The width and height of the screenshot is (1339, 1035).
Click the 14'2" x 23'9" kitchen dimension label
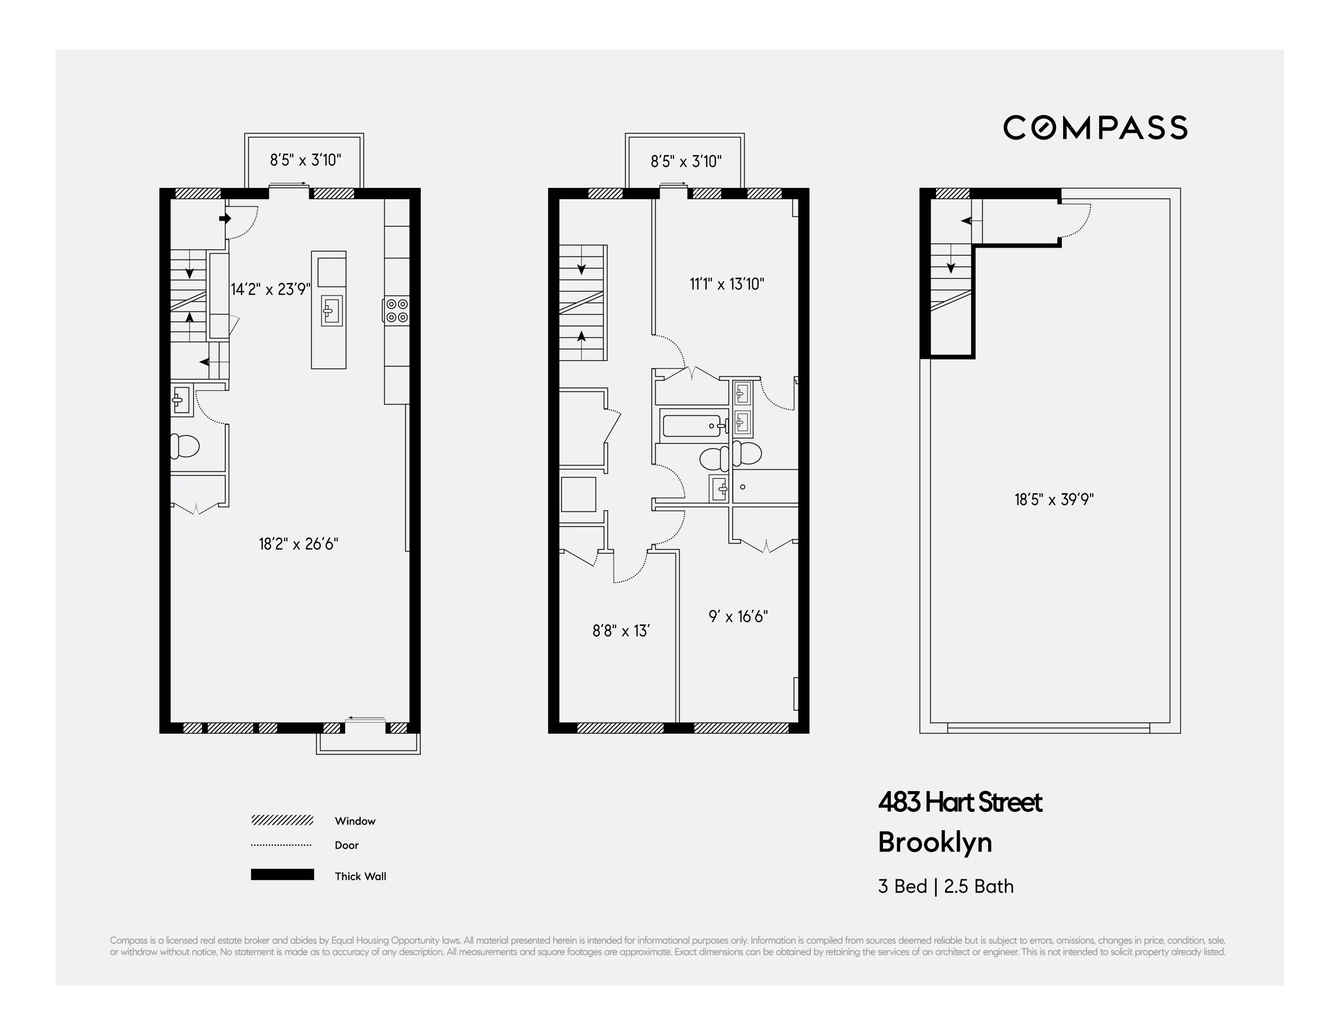[x=270, y=289]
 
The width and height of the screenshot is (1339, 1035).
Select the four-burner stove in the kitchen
[x=397, y=310]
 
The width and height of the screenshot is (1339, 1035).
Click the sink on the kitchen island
[x=331, y=310]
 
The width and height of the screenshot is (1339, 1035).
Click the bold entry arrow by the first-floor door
[x=224, y=218]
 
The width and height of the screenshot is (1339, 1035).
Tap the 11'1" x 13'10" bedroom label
[x=727, y=284]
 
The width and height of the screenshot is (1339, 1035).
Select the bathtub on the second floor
[x=691, y=425]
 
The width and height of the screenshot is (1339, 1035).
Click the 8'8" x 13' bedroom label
[x=620, y=631]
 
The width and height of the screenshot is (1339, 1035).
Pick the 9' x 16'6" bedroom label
[x=738, y=616]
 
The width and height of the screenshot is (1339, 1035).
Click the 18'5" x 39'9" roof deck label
[x=1053, y=499]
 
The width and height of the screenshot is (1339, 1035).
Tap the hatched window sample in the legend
[x=282, y=820]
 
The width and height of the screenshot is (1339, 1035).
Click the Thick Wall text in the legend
[x=360, y=876]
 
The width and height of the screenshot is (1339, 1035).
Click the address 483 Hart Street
[x=960, y=802]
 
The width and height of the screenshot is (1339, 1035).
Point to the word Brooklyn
[x=934, y=843]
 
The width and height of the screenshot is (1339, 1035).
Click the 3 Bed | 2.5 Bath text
[x=945, y=886]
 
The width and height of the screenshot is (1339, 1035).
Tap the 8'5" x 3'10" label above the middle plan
[x=685, y=161]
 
